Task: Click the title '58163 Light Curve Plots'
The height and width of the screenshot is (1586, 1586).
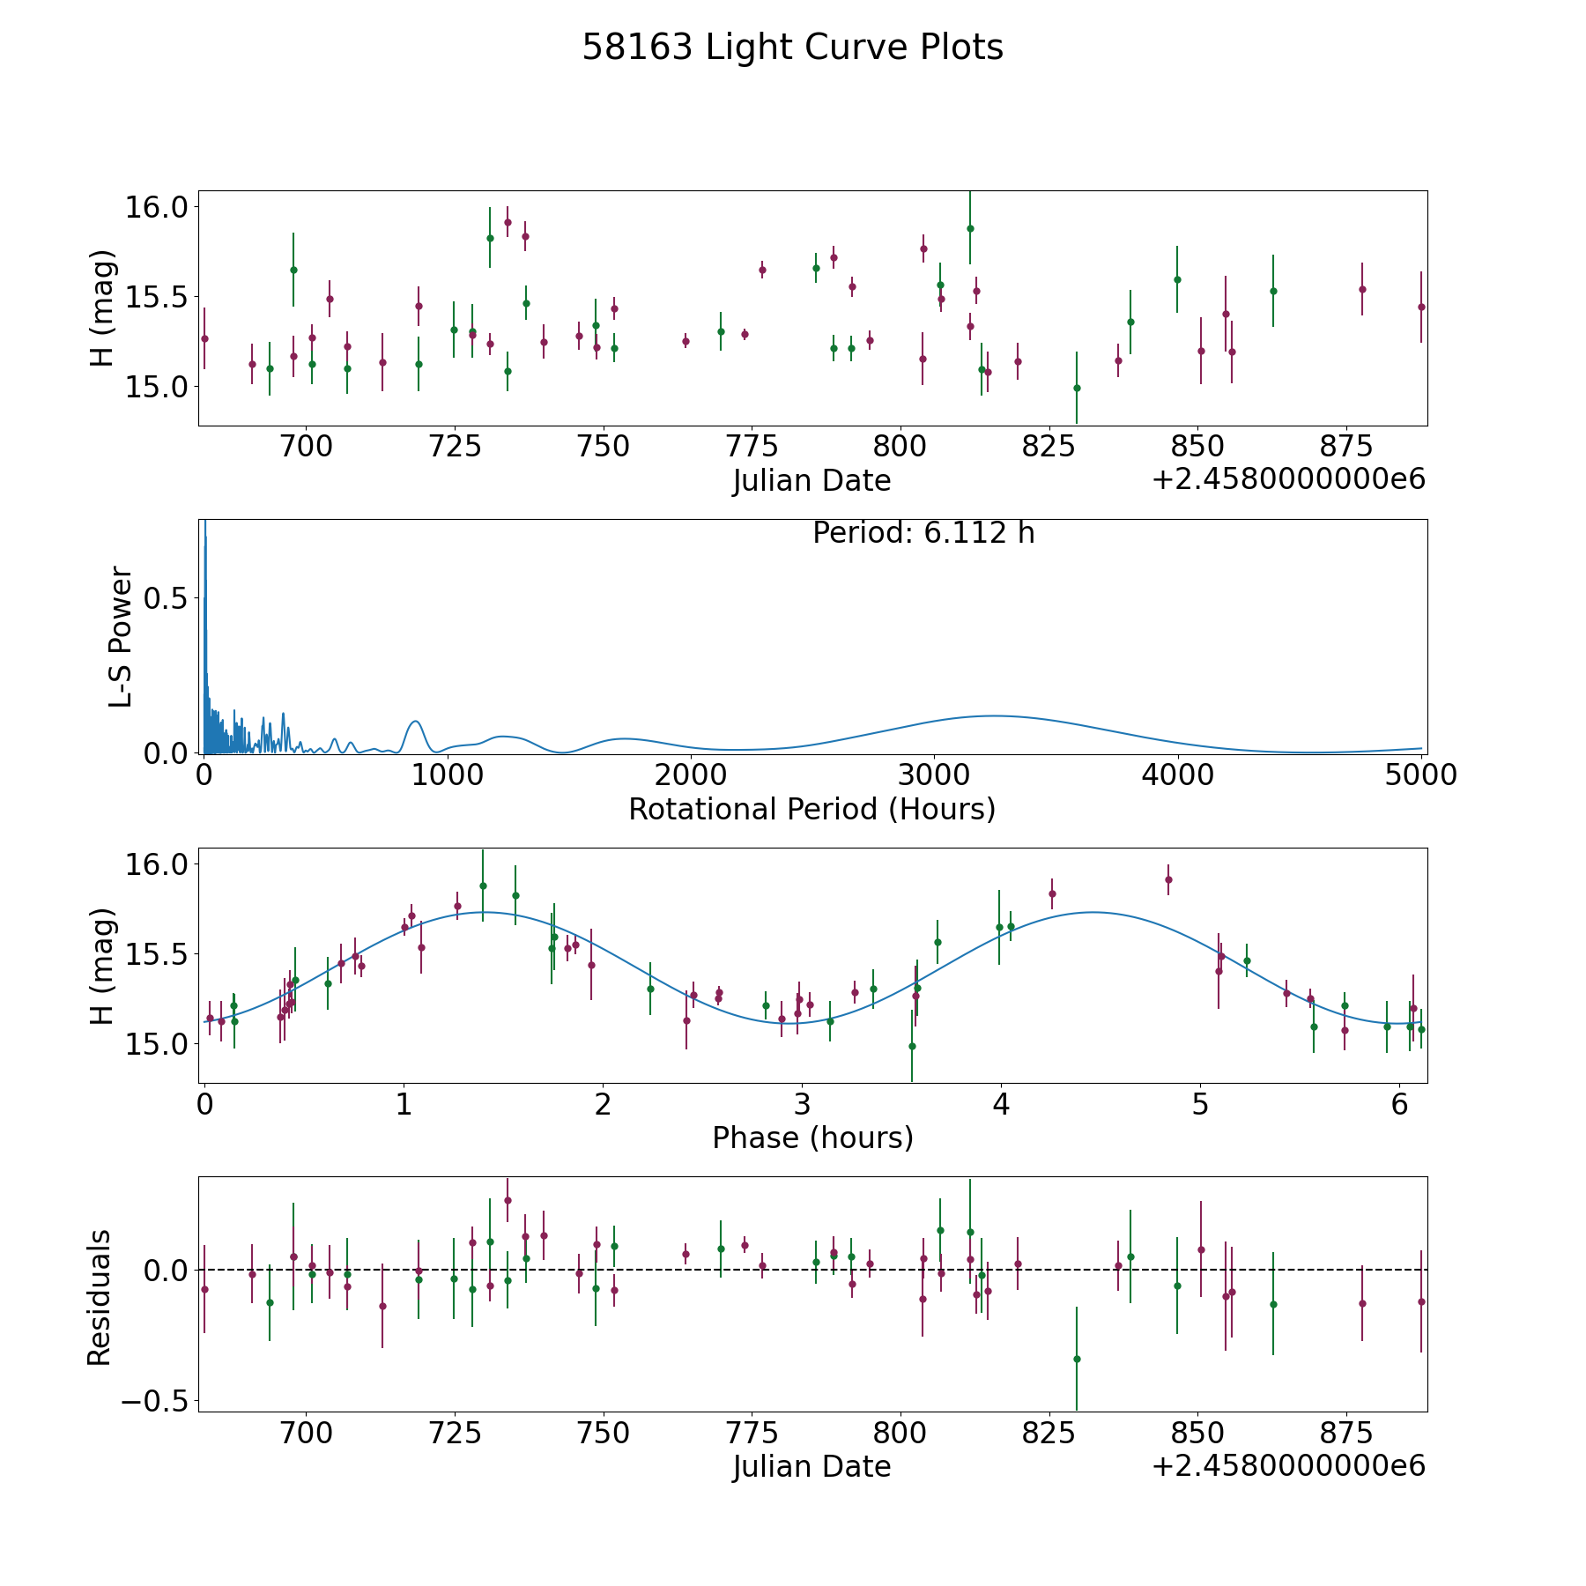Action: [792, 48]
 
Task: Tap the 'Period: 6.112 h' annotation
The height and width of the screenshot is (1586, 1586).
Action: [923, 533]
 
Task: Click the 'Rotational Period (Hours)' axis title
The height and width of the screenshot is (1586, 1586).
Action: [812, 809]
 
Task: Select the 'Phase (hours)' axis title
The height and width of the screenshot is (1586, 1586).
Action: [812, 1138]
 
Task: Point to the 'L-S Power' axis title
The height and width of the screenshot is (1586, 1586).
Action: [121, 636]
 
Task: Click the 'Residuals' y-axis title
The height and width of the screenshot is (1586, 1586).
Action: [100, 1297]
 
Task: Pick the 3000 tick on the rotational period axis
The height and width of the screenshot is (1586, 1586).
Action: [933, 774]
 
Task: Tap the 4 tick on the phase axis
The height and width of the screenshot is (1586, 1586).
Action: [1001, 1103]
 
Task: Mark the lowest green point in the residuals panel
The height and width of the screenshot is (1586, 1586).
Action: [1077, 1359]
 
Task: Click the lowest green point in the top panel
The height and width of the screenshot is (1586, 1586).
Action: [1077, 388]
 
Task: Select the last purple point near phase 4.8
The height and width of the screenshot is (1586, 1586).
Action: [1168, 879]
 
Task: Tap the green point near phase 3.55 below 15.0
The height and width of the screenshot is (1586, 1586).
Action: [912, 1046]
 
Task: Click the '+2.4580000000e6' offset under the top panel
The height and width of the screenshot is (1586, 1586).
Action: [1288, 480]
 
